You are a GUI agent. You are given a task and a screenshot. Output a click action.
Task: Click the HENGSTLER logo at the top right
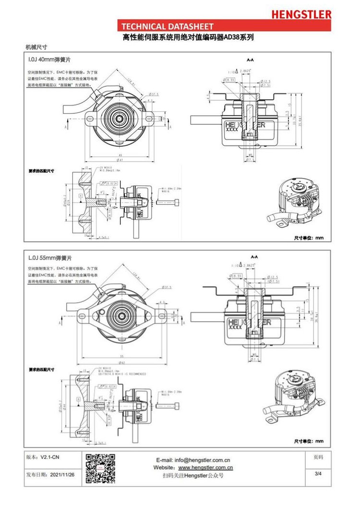(x=301, y=14)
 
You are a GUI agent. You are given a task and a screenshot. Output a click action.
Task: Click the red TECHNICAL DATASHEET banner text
(x=168, y=26)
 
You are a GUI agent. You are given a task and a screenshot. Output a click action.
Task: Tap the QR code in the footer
(x=100, y=468)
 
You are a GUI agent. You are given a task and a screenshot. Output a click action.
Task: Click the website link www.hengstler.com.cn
(x=205, y=467)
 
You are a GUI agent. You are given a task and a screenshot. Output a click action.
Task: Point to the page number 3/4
(x=318, y=474)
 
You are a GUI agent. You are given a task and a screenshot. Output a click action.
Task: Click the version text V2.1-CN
(x=49, y=458)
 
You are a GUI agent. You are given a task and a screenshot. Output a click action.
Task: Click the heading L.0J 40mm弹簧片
(x=50, y=60)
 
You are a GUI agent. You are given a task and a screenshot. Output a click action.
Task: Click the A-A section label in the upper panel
(x=250, y=60)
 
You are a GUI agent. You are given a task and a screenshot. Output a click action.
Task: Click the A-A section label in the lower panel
(x=254, y=257)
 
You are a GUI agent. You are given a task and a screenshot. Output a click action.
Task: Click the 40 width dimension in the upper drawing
(x=120, y=155)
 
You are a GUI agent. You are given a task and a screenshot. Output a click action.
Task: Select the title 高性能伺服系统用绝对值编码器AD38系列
(x=188, y=37)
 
